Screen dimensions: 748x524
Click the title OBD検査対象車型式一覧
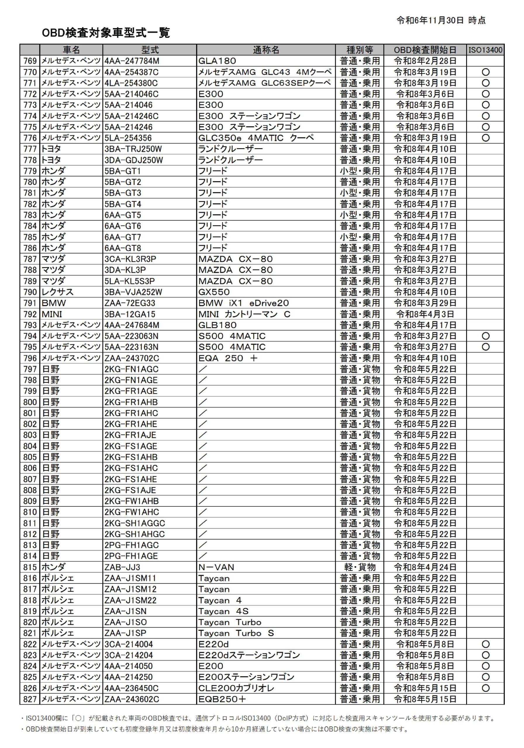coord(106,33)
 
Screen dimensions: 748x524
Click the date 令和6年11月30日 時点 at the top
coord(441,20)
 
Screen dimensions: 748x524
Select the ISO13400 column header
coord(485,50)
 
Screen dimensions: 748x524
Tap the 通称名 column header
coord(266,50)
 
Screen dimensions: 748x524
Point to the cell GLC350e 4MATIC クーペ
coord(256,138)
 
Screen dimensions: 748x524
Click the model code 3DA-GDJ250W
coord(134,160)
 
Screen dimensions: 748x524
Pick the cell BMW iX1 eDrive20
coord(243,303)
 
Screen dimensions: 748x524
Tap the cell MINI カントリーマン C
coord(244,314)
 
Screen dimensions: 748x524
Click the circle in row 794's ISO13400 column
coord(485,336)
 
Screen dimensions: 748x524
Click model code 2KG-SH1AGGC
coord(135,523)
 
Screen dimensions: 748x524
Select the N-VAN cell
coord(216,567)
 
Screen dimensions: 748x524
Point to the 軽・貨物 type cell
coord(359,567)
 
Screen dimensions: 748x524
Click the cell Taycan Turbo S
coord(236,633)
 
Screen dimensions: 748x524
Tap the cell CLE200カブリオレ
coord(236,688)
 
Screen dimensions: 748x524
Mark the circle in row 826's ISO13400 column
coord(485,688)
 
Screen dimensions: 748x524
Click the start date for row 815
coord(425,567)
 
